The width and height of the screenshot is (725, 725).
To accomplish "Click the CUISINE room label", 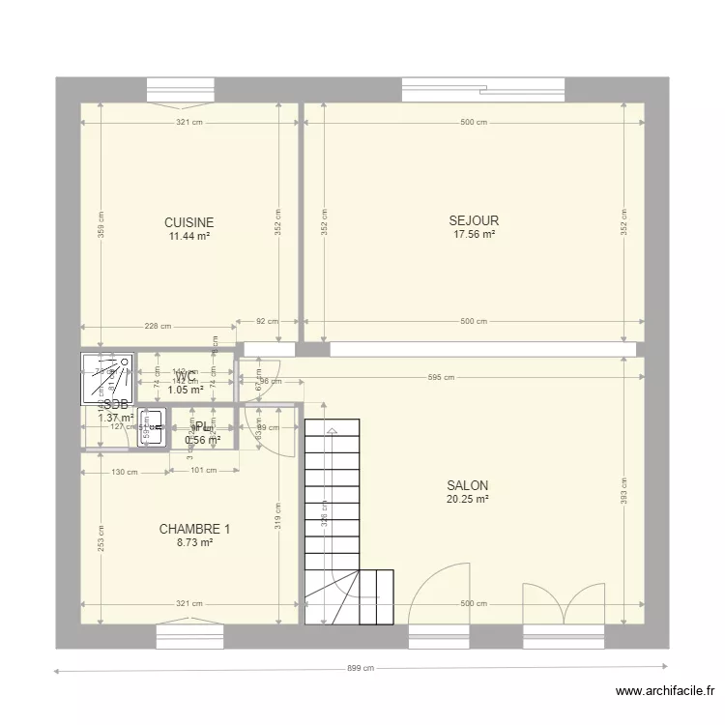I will [189, 222].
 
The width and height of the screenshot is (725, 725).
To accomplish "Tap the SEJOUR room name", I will [474, 220].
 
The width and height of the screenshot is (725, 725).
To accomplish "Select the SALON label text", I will [467, 486].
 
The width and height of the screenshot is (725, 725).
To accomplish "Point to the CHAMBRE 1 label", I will [194, 530].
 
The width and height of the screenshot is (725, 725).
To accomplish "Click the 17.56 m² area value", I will [474, 234].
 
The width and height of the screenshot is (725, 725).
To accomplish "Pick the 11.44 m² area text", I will [189, 236].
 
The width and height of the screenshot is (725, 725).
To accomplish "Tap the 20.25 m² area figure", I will [467, 500].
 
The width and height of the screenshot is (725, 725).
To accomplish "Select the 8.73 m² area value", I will [194, 543].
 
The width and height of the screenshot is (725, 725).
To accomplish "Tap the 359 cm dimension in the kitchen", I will [101, 225].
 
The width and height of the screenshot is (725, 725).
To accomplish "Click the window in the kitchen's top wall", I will [180, 90].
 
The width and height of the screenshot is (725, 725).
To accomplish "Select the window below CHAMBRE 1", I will [189, 635].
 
